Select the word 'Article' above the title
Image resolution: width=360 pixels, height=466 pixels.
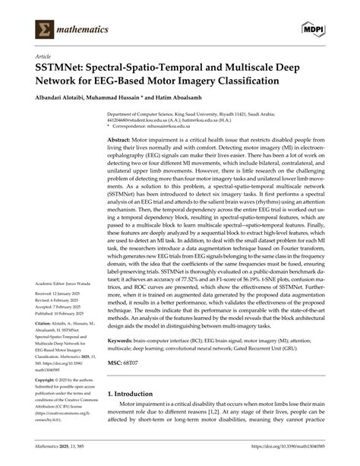(x=43, y=57)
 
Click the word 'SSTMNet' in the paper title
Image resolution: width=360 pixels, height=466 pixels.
(x=64, y=68)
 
